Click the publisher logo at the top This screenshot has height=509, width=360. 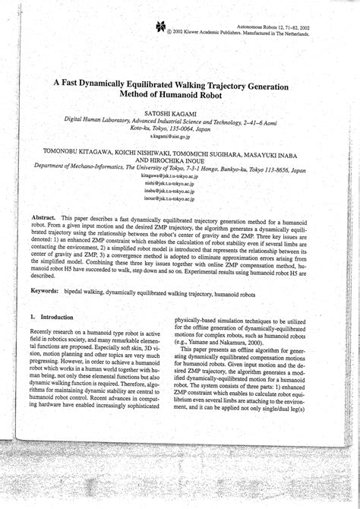coord(160,27)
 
